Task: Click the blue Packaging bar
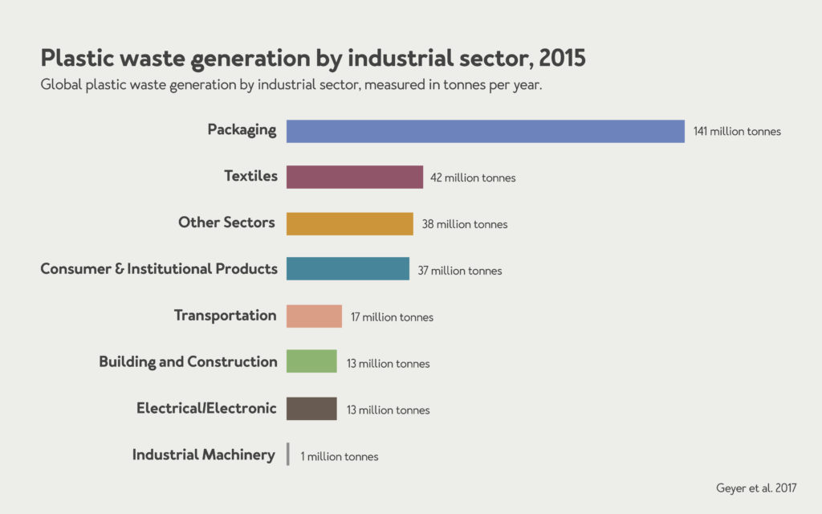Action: tap(485, 131)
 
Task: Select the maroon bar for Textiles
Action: tap(354, 177)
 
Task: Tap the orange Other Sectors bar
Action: tap(349, 223)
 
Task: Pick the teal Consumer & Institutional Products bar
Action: tap(348, 269)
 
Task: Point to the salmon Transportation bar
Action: tap(314, 316)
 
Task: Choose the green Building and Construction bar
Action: tap(311, 361)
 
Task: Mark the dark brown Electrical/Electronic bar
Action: tap(311, 408)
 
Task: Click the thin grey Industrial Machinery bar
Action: tap(287, 455)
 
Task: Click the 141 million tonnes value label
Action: tap(737, 132)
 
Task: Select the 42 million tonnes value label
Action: tap(473, 177)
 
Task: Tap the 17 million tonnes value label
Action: tap(392, 317)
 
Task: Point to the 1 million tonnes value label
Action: tap(339, 456)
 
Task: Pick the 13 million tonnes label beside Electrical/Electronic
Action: tap(388, 410)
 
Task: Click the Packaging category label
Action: tap(242, 129)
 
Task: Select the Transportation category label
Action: tap(225, 315)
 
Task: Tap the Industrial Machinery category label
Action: tap(203, 455)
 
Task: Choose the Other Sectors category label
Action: tap(226, 222)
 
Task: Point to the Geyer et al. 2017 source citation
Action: tap(756, 487)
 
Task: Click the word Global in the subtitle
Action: tap(62, 85)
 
